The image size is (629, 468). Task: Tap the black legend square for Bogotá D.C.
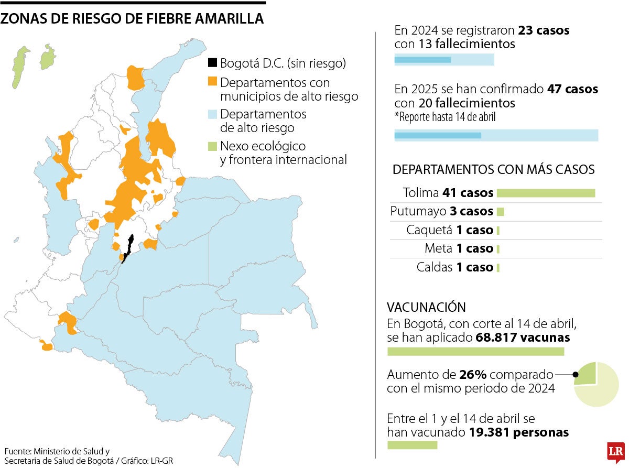(x=212, y=63)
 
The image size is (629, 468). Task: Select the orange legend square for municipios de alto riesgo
(x=212, y=82)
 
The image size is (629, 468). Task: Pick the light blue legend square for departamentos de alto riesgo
(x=212, y=114)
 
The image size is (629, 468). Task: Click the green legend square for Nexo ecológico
(x=212, y=146)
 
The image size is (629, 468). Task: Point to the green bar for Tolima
(x=546, y=193)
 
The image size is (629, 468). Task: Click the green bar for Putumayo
(x=500, y=212)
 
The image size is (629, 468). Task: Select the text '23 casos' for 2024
(x=544, y=30)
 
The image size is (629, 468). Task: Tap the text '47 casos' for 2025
(x=572, y=89)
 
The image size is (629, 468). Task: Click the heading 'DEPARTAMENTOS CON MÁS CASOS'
(x=493, y=170)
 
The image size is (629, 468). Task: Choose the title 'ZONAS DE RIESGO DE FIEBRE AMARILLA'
(x=132, y=19)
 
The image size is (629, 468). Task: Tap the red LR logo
(x=614, y=452)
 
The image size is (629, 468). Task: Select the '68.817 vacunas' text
(x=523, y=338)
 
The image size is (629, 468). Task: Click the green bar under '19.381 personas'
(x=412, y=445)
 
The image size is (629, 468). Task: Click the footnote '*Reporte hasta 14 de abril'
(x=445, y=117)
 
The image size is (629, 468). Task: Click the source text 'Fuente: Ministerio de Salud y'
(x=58, y=451)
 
